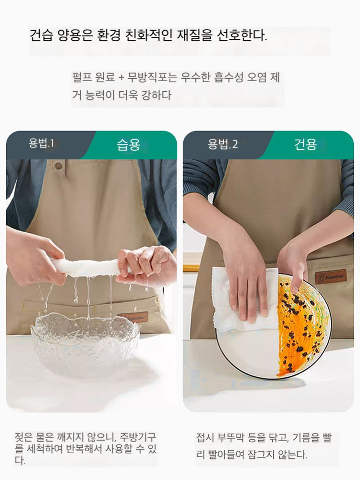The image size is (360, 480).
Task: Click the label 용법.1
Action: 41,143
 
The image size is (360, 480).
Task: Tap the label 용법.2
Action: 223,144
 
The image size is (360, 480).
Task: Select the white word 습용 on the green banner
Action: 129,145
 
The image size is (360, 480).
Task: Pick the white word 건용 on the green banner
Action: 305,144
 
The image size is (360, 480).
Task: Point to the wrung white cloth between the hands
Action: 89,267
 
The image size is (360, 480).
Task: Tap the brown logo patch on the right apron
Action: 331,277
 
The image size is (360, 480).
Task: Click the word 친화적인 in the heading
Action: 148,36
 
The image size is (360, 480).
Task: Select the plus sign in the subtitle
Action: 121,77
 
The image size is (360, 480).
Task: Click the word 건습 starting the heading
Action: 41,36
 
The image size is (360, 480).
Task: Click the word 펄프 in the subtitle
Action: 82,77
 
